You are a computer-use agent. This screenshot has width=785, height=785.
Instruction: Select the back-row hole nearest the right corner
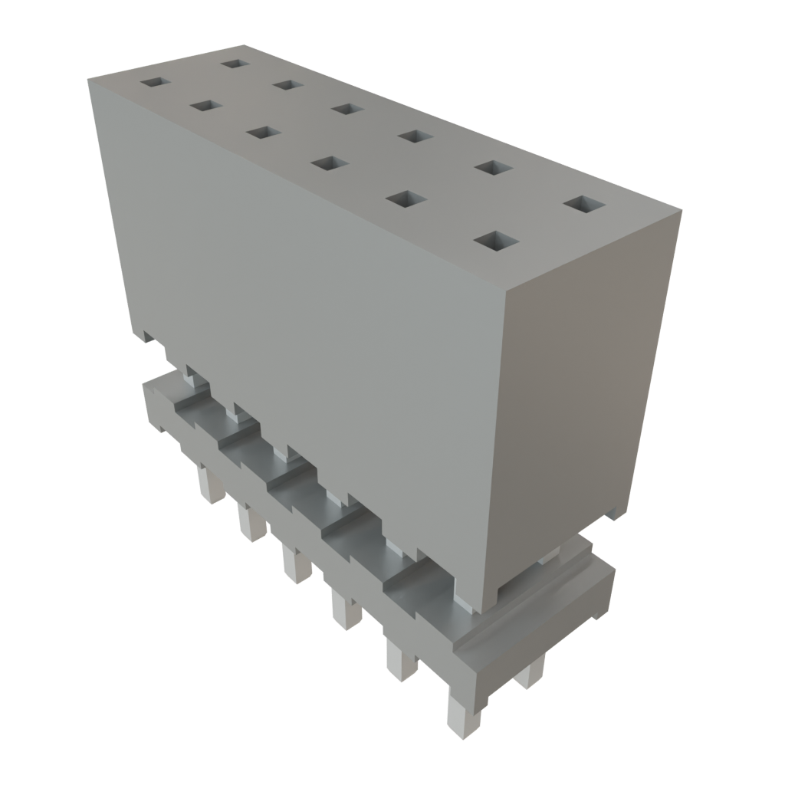pyautogui.click(x=584, y=204)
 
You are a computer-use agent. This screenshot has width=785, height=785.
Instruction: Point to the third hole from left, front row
pyautogui.click(x=261, y=133)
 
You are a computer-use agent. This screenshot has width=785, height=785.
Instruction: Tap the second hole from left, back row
pyautogui.click(x=286, y=84)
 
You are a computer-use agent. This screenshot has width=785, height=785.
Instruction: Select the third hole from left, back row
pyautogui.click(x=347, y=109)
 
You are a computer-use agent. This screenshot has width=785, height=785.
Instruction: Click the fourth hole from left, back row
pyautogui.click(x=414, y=136)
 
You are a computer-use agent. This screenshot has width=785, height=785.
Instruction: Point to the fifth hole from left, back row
pyautogui.click(x=492, y=167)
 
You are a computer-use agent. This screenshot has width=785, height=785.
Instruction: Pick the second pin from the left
pyautogui.click(x=249, y=524)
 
